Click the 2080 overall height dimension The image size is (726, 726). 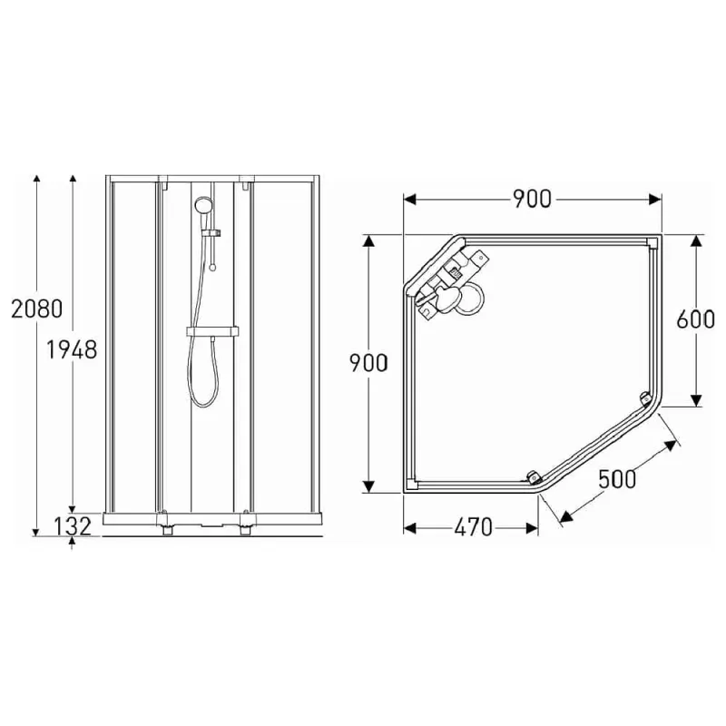pyautogui.click(x=36, y=309)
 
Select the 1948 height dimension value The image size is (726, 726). pyautogui.click(x=72, y=350)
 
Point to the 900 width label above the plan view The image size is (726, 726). pyautogui.click(x=531, y=200)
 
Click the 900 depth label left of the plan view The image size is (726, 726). pyautogui.click(x=369, y=363)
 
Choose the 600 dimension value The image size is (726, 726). pyautogui.click(x=697, y=319)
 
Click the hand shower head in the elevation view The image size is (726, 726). pyautogui.click(x=202, y=205)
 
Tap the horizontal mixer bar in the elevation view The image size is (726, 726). pyautogui.click(x=212, y=333)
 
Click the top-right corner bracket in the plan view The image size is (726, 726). pyautogui.click(x=652, y=242)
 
